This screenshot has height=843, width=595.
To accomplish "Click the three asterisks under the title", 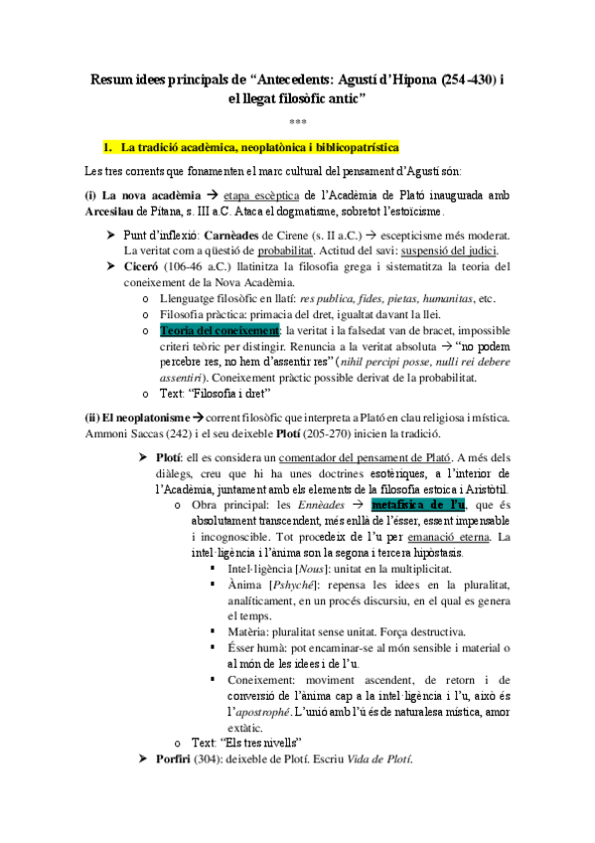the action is (x=298, y=122).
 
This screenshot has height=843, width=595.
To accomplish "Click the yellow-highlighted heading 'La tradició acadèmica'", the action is (x=259, y=148).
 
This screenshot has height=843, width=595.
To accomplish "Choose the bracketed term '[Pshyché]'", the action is (x=295, y=585).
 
